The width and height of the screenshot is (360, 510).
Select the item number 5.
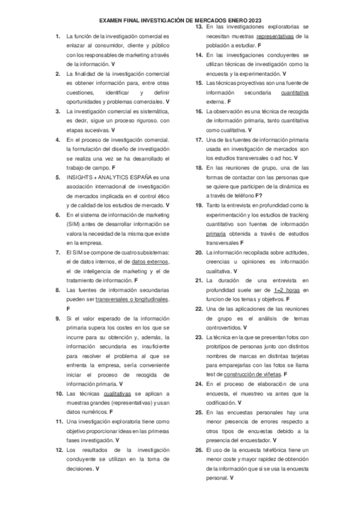tap(57, 177)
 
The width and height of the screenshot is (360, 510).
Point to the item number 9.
tap(57, 318)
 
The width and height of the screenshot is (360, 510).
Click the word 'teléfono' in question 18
tap(241, 196)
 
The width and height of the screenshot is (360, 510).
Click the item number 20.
tap(198, 252)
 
